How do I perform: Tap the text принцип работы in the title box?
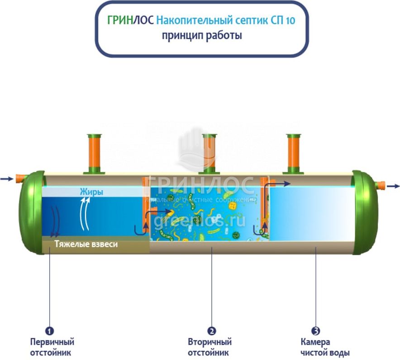(202, 35)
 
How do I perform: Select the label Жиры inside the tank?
(91, 192)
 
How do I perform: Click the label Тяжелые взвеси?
(86, 244)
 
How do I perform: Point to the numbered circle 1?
(50, 331)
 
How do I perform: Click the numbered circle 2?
(211, 331)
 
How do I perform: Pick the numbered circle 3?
(316, 331)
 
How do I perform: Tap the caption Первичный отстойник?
(52, 347)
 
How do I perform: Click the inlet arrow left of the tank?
(7, 179)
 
